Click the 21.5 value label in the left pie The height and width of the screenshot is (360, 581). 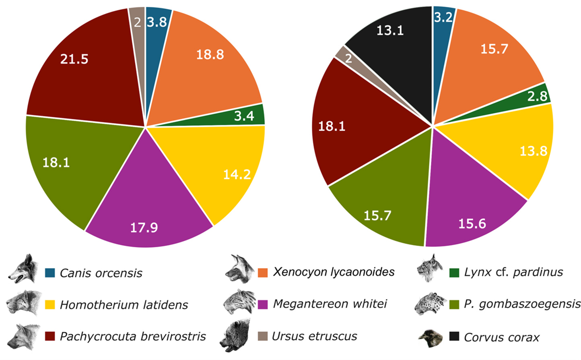pyautogui.click(x=74, y=59)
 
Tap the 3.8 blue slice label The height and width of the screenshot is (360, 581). pyautogui.click(x=157, y=22)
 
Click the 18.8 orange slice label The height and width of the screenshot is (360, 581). pyautogui.click(x=210, y=54)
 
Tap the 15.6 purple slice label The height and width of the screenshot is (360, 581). pyautogui.click(x=472, y=224)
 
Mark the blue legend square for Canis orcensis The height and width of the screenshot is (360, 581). pyautogui.click(x=50, y=273)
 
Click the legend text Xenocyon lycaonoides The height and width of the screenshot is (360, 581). pyautogui.click(x=334, y=272)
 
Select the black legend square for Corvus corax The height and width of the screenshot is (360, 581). pyautogui.click(x=454, y=336)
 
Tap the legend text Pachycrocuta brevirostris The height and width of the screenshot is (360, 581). pyautogui.click(x=133, y=336)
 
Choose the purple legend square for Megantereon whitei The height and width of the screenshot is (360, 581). pyautogui.click(x=263, y=304)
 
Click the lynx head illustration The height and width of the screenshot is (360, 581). pyautogui.click(x=429, y=268)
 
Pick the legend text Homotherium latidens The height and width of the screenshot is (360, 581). pyautogui.click(x=124, y=305)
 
